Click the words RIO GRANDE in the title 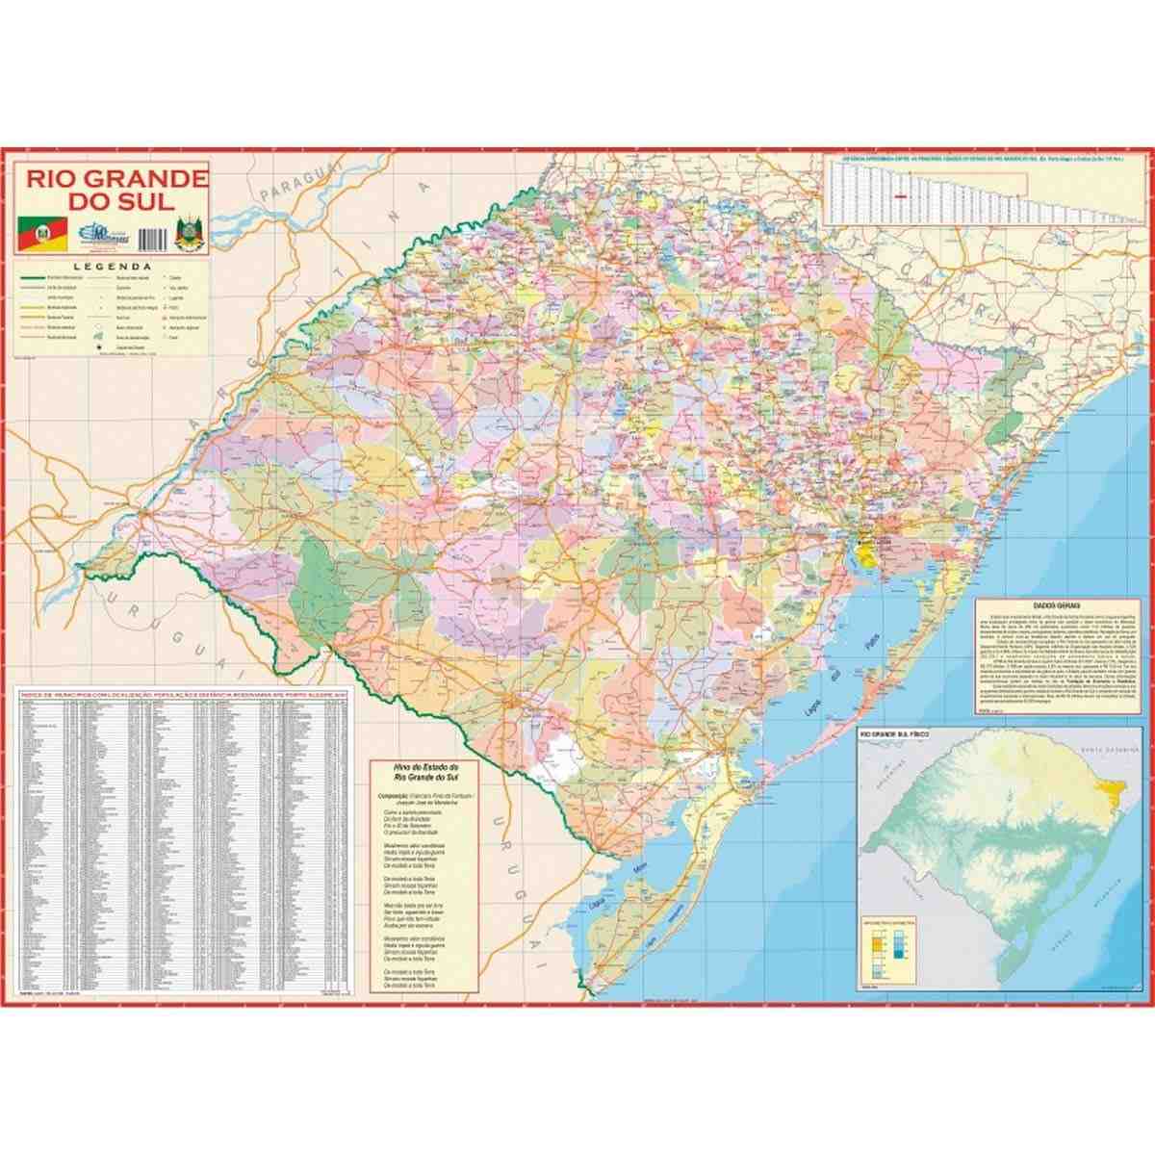tap(115, 179)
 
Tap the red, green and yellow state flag tap(42, 232)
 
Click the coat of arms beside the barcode tap(189, 234)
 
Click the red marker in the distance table tap(901, 196)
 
